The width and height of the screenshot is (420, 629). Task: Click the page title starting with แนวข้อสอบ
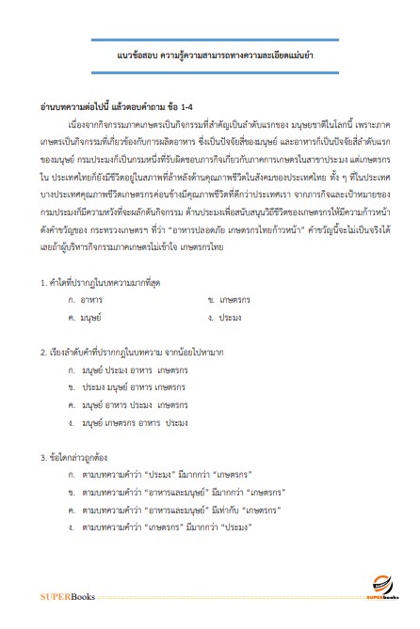tap(209, 57)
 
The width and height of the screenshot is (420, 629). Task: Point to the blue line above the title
tap(209, 39)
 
